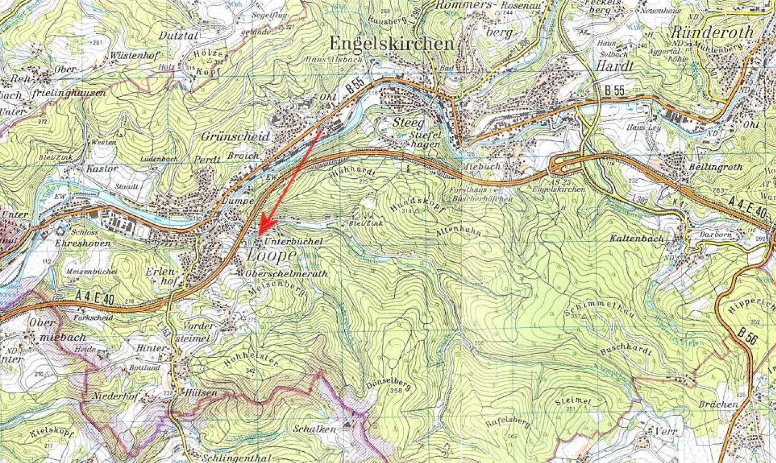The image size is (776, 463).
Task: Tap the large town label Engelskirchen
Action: point(391,43)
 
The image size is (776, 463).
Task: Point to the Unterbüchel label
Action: point(293,241)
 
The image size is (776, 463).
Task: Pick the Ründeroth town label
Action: point(712,32)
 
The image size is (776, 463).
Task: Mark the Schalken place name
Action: point(315,429)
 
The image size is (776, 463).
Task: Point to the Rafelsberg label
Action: point(508,416)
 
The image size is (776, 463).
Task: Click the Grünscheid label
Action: point(235,137)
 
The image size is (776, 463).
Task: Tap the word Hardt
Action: point(615,65)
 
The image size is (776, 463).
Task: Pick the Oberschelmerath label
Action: point(286,274)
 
